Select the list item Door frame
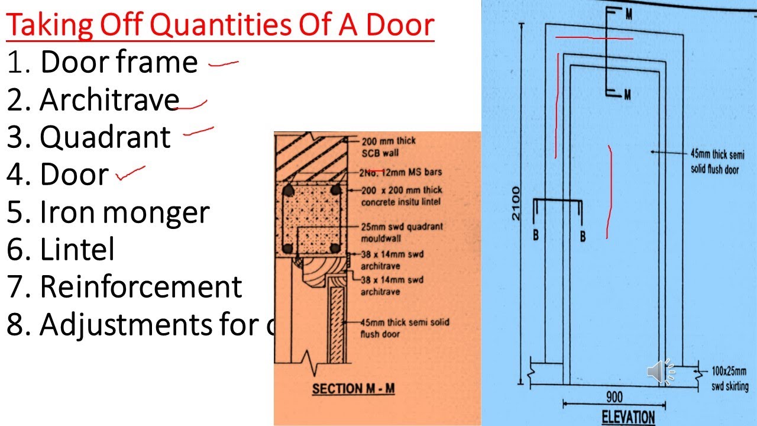point(118,63)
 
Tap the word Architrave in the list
point(109,100)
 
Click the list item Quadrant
point(105,137)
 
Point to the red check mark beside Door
point(130,172)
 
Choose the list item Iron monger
point(124,212)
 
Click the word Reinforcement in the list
point(141,287)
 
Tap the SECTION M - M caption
point(353,389)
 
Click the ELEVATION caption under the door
point(628,417)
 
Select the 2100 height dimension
point(516,203)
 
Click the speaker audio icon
point(661,371)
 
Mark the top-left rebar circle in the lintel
point(289,191)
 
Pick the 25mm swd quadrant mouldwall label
point(402,231)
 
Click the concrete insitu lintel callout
point(402,196)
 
